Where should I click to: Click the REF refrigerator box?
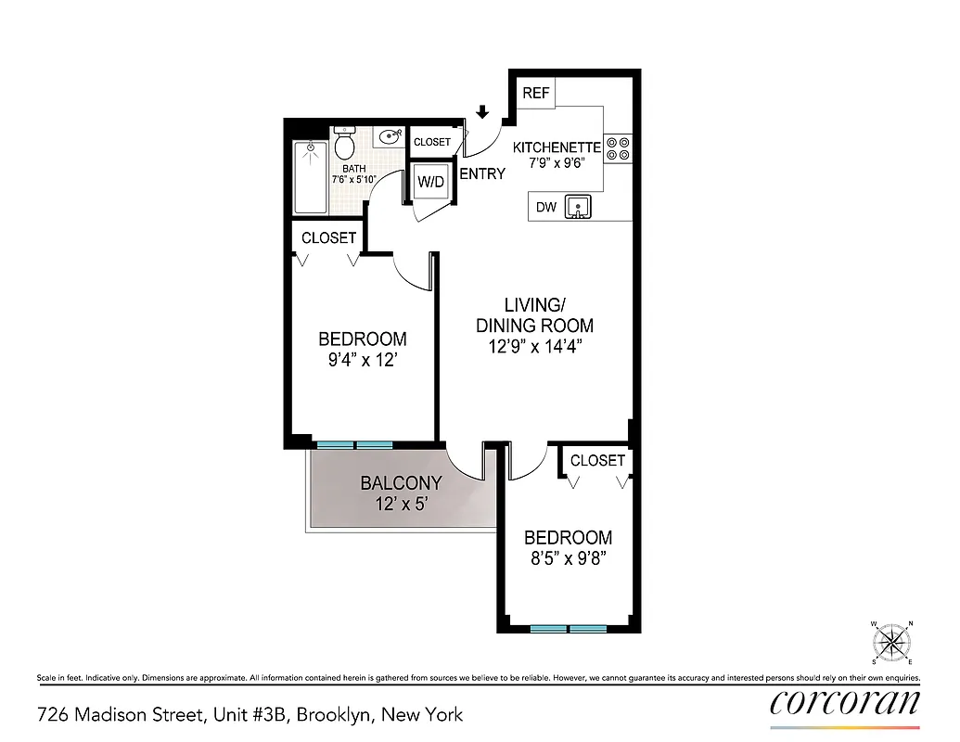[536, 93]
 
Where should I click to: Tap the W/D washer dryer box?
[430, 182]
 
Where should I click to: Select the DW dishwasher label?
[546, 207]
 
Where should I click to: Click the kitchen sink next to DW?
[579, 206]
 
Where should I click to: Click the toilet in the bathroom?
[344, 146]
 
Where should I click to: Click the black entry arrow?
[481, 113]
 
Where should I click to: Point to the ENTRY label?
[482, 173]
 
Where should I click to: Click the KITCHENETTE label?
[557, 147]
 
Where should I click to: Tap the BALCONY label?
[401, 483]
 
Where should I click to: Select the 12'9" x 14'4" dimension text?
[534, 346]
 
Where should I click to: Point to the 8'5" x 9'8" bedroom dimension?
[568, 558]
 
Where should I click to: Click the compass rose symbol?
[893, 642]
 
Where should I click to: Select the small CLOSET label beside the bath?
[432, 142]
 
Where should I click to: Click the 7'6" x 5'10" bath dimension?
[354, 180]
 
